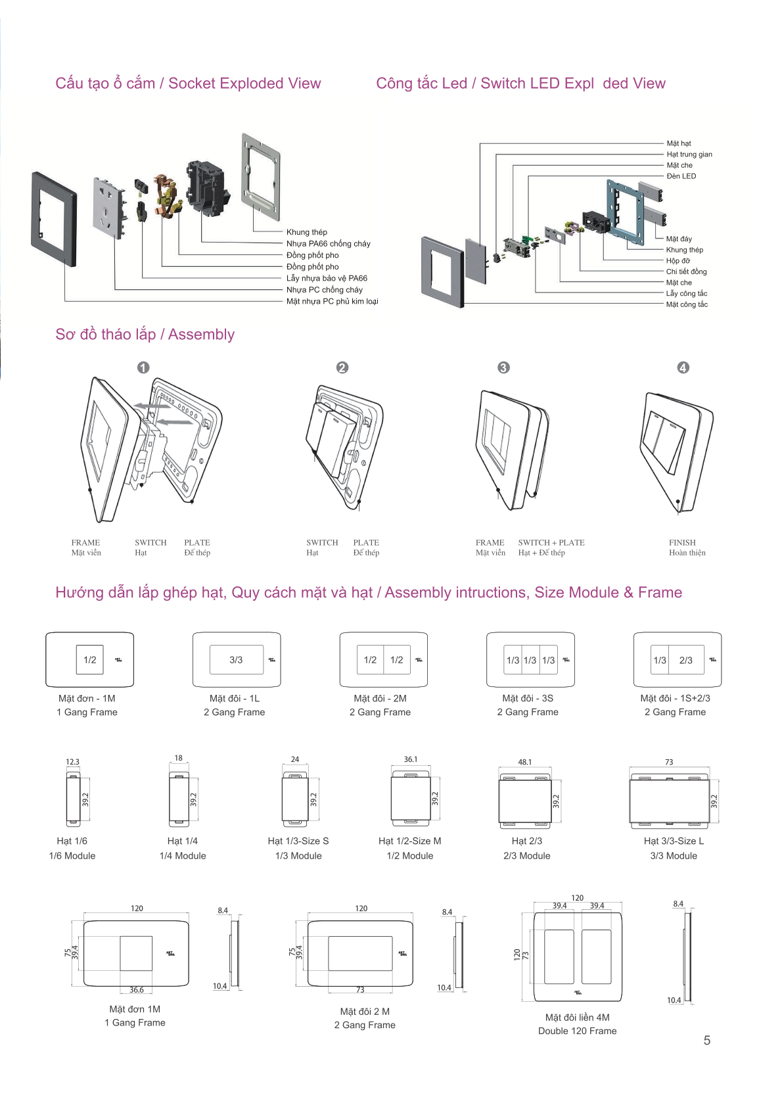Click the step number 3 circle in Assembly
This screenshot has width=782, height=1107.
point(503,367)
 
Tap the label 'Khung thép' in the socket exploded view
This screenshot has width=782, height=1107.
point(306,232)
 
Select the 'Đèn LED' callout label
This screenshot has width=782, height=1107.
point(681,176)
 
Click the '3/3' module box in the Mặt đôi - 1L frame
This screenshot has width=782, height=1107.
point(236,660)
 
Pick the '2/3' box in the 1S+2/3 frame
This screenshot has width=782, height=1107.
point(685,660)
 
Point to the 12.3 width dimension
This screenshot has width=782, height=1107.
point(72,762)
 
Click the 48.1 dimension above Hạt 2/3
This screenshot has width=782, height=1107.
point(524,762)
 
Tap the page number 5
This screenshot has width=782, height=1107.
point(707,1041)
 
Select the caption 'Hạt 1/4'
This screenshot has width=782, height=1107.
point(182,841)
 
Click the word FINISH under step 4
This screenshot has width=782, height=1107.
point(682,542)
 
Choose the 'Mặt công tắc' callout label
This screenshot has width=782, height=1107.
point(687,304)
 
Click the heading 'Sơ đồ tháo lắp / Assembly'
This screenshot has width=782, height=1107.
point(145,335)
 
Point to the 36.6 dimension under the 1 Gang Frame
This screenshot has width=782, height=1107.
point(136,989)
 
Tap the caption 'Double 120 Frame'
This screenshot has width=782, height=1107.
point(577,1031)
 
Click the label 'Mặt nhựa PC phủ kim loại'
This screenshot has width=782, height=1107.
point(332,301)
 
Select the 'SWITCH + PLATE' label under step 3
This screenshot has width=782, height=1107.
point(551,542)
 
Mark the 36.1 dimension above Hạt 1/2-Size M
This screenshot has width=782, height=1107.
point(410,759)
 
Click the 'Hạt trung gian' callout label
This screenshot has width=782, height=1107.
point(689,154)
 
